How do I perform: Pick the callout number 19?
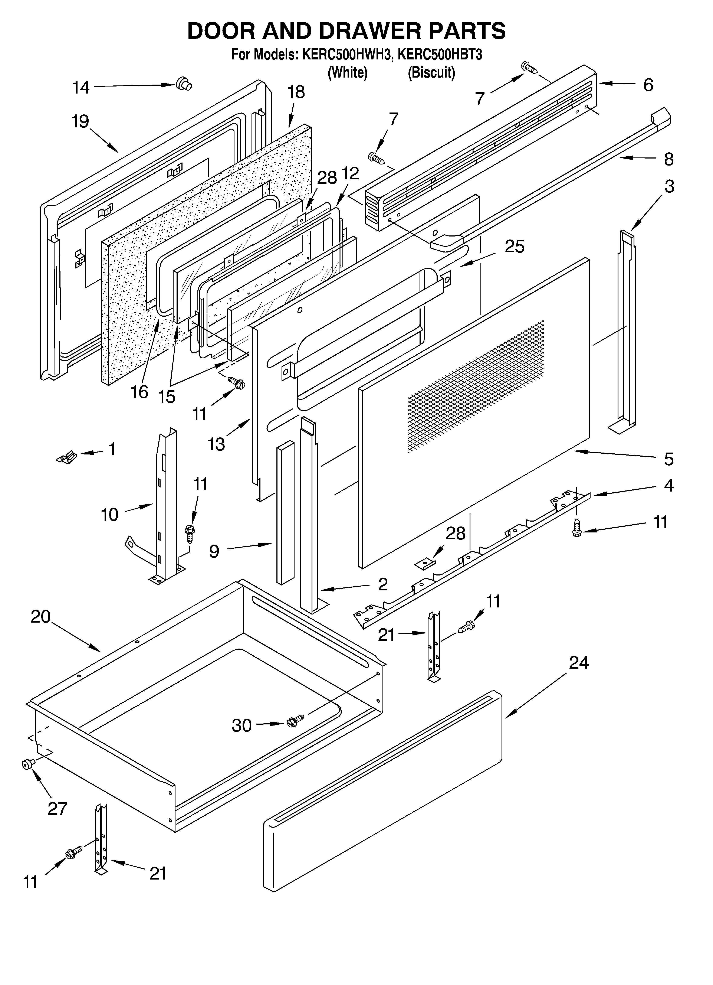coord(80,122)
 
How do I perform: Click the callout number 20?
coord(40,617)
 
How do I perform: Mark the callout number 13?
coord(216,444)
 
